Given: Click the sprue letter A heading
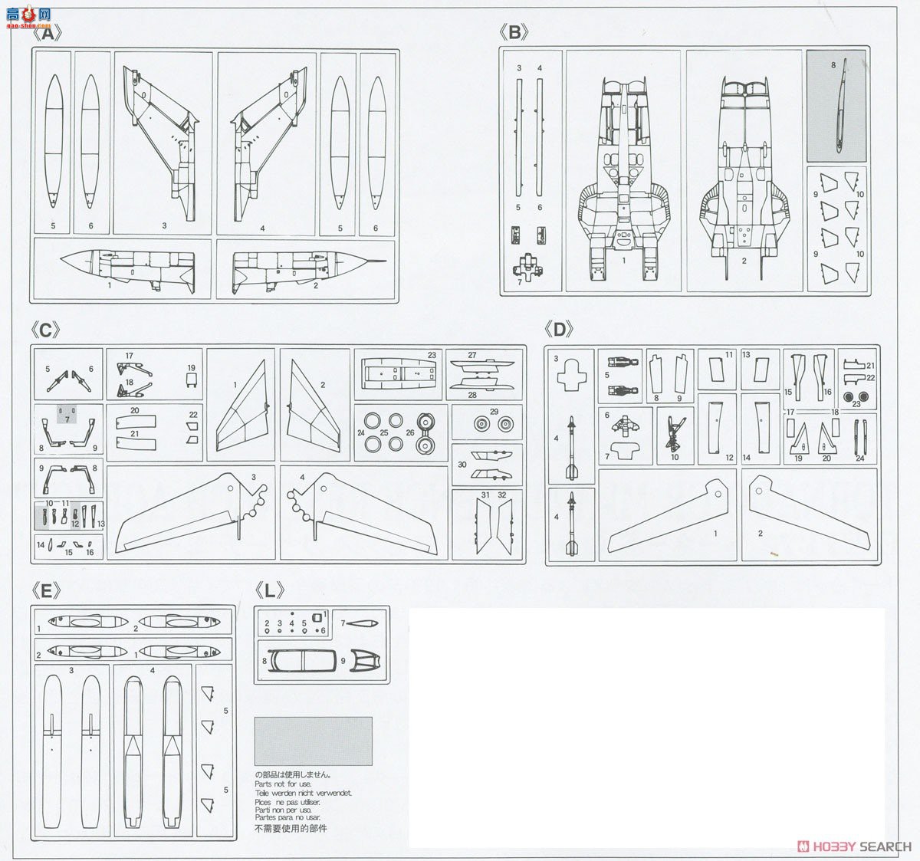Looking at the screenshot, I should tap(48, 34).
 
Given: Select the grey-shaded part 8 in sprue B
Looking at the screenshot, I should tap(836, 105).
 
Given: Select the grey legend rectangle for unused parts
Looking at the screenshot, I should tap(313, 741).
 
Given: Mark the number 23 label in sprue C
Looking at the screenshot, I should tap(432, 355).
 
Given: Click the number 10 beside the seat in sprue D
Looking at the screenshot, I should tap(675, 458).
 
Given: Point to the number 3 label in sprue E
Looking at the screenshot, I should tap(71, 670).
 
